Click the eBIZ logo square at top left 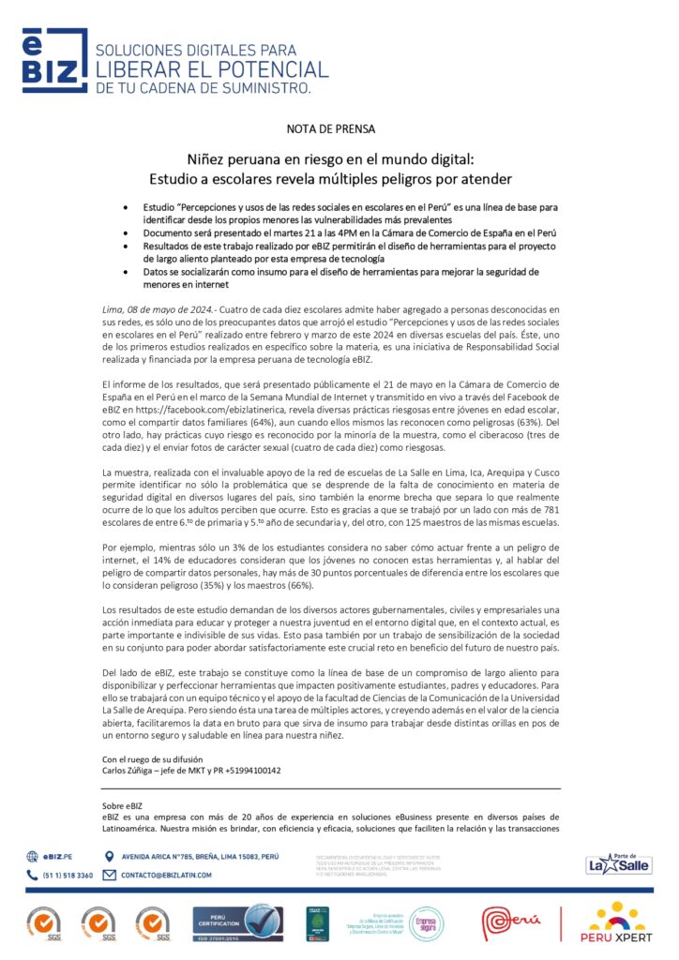(55, 62)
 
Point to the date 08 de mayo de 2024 (165, 308)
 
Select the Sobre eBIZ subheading (123, 805)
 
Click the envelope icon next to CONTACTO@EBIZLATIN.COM (109, 875)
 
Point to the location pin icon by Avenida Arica (109, 856)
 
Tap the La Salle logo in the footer (618, 863)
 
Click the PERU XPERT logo (616, 922)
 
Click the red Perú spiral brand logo (511, 922)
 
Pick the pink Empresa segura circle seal (426, 922)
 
